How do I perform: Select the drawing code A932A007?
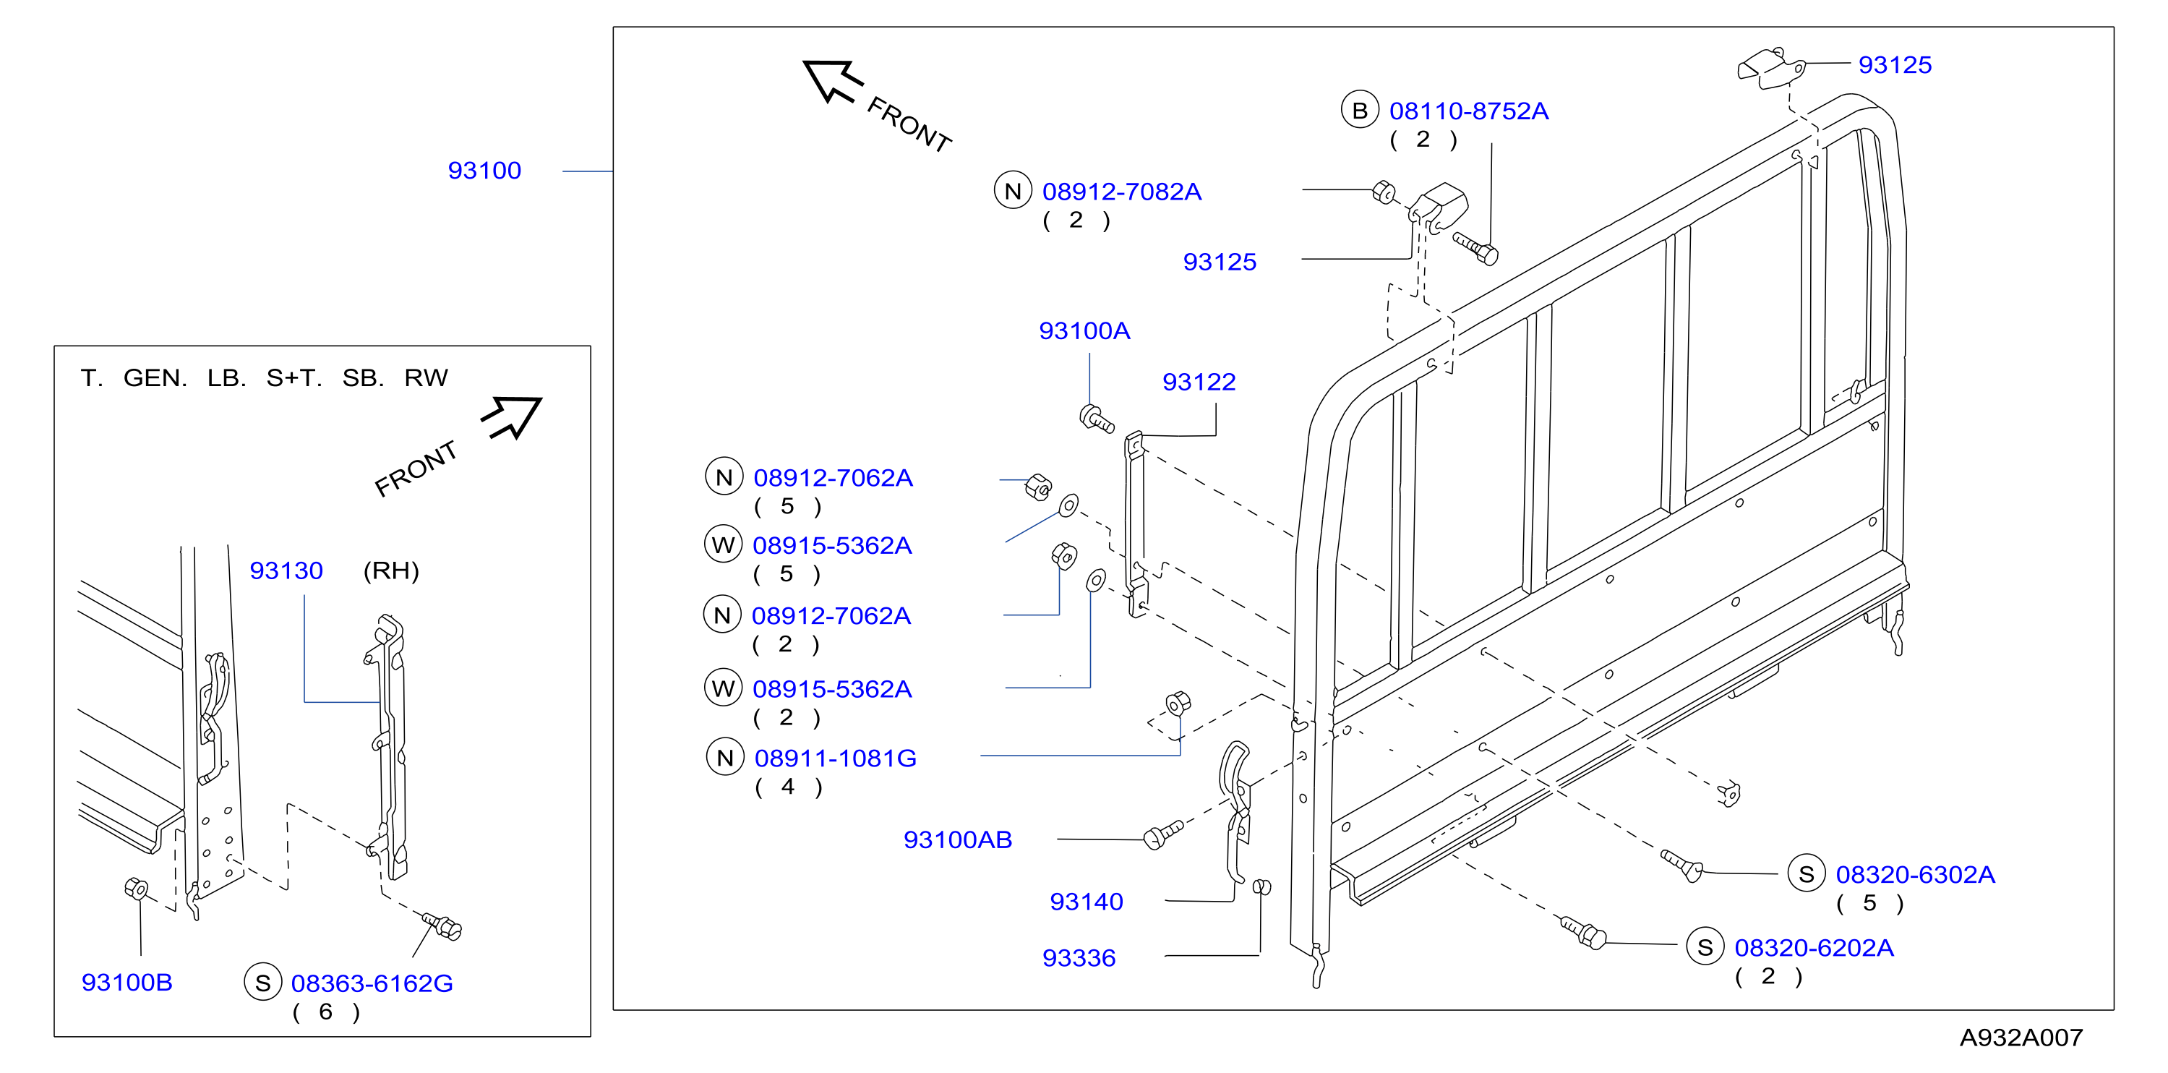point(2021,1037)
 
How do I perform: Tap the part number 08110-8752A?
point(1469,111)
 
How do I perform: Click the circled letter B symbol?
point(1359,110)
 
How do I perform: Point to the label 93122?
point(1199,382)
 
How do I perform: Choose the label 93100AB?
point(958,840)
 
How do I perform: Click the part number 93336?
point(1079,958)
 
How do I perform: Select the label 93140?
point(1087,902)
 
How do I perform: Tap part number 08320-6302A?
point(1916,874)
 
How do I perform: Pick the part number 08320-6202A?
point(1814,948)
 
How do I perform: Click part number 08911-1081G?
point(836,758)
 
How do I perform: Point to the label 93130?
point(286,570)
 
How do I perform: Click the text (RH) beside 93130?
point(391,570)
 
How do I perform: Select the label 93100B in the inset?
point(127,982)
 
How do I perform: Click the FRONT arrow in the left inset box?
point(513,416)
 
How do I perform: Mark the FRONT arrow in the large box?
point(832,81)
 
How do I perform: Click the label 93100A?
point(1085,330)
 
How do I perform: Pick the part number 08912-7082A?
point(1122,192)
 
